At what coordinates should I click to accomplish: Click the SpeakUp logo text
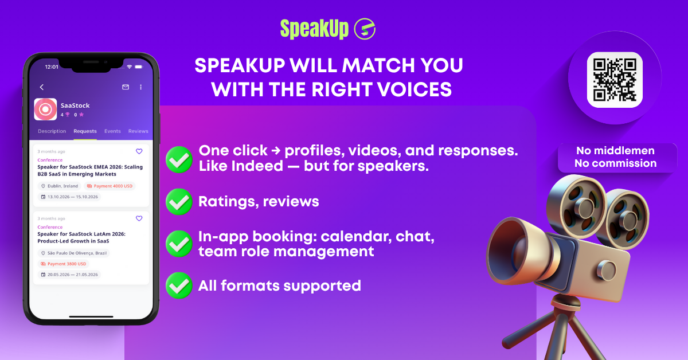pyautogui.click(x=314, y=29)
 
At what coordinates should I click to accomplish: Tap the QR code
pyautogui.click(x=614, y=80)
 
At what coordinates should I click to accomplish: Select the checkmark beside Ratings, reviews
pyautogui.click(x=179, y=202)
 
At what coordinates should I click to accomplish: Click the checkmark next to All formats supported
pyautogui.click(x=179, y=285)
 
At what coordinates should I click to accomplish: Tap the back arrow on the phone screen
pyautogui.click(x=42, y=87)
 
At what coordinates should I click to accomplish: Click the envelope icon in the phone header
pyautogui.click(x=126, y=87)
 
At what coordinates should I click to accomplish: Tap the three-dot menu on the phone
pyautogui.click(x=140, y=87)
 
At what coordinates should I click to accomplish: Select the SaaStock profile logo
pyautogui.click(x=45, y=109)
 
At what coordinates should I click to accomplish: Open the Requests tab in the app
pyautogui.click(x=85, y=131)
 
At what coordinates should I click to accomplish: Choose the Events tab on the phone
pyautogui.click(x=112, y=131)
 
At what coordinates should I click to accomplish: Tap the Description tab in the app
pyautogui.click(x=52, y=131)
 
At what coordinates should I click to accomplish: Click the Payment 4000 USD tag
pyautogui.click(x=110, y=186)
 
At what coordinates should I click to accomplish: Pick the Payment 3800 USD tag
pyautogui.click(x=63, y=264)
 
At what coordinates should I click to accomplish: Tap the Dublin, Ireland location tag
pyautogui.click(x=60, y=186)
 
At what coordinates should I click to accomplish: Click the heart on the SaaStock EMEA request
pyautogui.click(x=139, y=151)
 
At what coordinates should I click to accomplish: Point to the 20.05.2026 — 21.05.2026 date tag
pyautogui.click(x=69, y=275)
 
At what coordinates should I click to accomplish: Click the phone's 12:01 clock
pyautogui.click(x=52, y=67)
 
